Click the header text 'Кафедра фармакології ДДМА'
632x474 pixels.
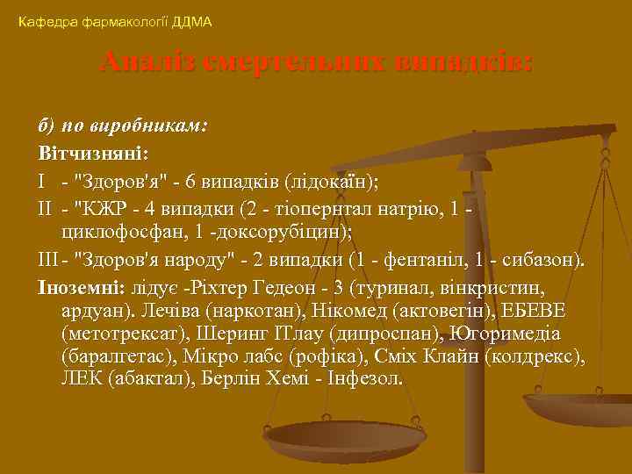[115, 21]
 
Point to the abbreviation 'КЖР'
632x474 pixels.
[107, 212]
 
